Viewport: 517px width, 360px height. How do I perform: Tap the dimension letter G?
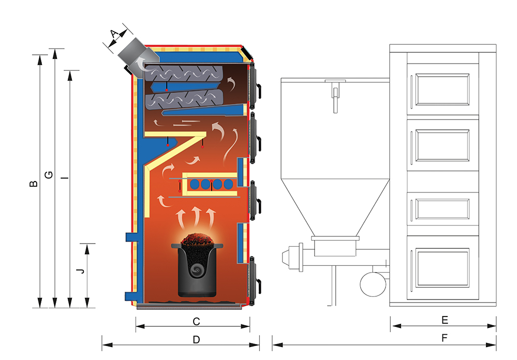click(x=48, y=175)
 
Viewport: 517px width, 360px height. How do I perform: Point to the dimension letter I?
click(x=64, y=178)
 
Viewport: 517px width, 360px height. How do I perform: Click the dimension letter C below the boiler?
click(x=196, y=321)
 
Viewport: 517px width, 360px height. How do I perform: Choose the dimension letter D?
click(x=196, y=340)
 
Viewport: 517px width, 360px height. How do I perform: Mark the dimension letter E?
click(x=445, y=320)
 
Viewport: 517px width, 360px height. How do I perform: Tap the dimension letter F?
click(x=445, y=339)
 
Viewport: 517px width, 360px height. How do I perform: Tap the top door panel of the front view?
click(x=443, y=87)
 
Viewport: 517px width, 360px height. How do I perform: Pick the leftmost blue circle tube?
click(x=196, y=184)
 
